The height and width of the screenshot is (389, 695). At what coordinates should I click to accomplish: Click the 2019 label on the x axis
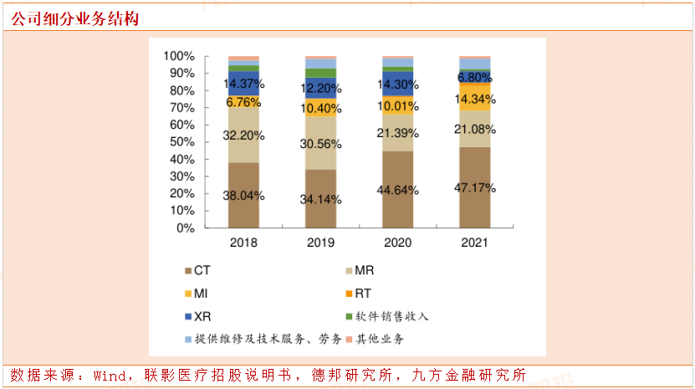(320, 243)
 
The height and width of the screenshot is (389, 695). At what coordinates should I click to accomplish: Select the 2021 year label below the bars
(474, 243)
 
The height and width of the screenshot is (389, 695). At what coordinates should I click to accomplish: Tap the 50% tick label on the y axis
(181, 142)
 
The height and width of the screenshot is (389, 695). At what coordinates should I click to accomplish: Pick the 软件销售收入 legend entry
(386, 316)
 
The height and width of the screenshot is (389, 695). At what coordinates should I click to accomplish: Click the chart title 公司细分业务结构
(74, 18)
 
